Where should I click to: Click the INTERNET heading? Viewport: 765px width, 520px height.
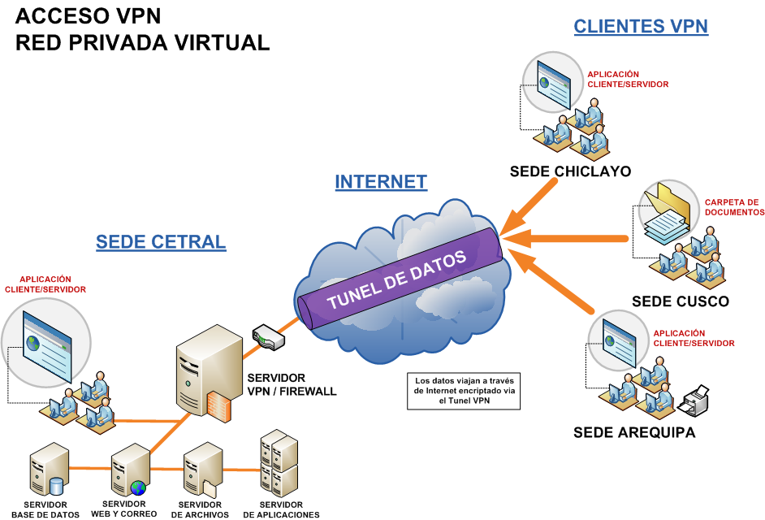point(381,181)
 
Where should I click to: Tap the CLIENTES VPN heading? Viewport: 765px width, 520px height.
point(641,26)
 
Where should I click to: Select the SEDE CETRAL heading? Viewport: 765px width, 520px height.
point(161,241)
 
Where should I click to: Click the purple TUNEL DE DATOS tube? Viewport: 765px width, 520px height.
point(398,277)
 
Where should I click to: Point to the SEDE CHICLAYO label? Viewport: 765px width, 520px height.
point(570,171)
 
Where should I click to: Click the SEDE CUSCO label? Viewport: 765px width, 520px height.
point(681,301)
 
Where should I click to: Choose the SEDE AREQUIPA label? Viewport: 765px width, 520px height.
point(634,432)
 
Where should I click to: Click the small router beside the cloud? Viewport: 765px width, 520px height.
point(269,337)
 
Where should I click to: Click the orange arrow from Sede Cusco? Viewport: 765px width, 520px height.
point(568,237)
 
